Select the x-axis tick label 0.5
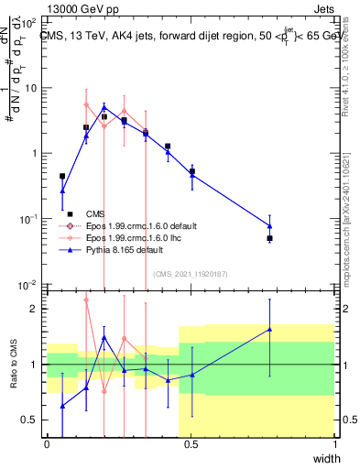click(x=191, y=444)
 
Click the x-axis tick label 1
click(x=334, y=444)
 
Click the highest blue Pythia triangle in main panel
click(x=104, y=106)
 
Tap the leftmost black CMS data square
click(x=62, y=176)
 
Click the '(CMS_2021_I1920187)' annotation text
click(x=191, y=273)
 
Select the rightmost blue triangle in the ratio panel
click(x=270, y=329)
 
